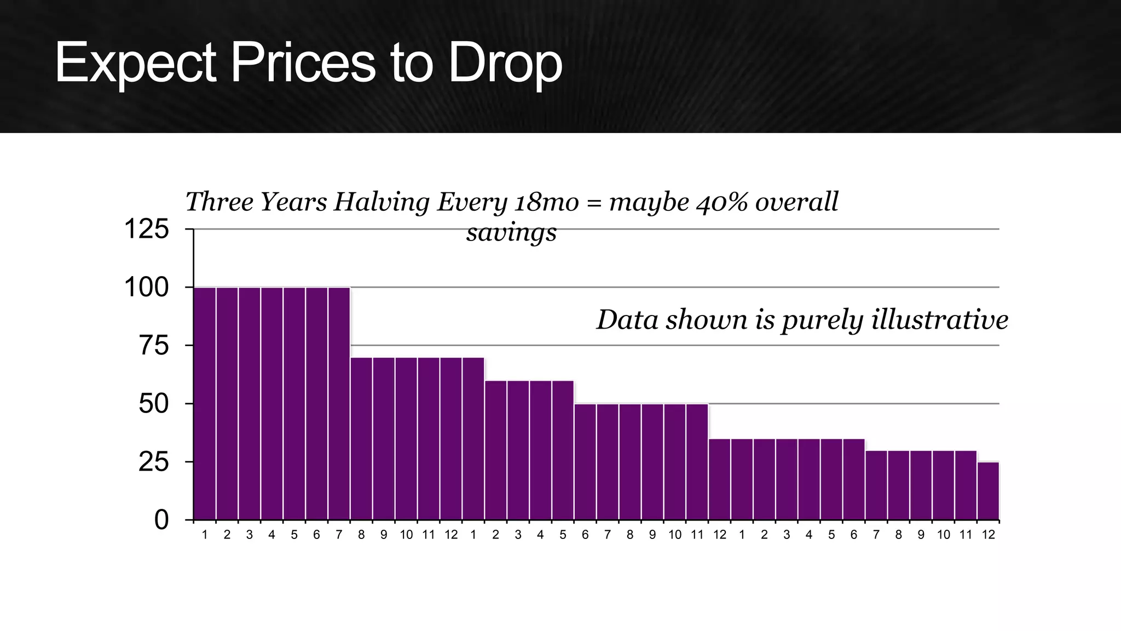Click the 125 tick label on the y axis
[147, 229]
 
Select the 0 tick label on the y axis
[161, 520]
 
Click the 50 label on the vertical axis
[154, 404]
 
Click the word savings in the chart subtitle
[511, 232]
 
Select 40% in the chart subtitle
[723, 202]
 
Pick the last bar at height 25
[988, 491]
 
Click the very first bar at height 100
[205, 404]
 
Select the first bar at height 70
[361, 439]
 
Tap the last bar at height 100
[339, 404]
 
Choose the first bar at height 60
[495, 450]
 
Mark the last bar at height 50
[697, 462]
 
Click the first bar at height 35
[719, 479]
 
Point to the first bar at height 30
[876, 485]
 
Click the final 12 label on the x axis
[988, 535]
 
